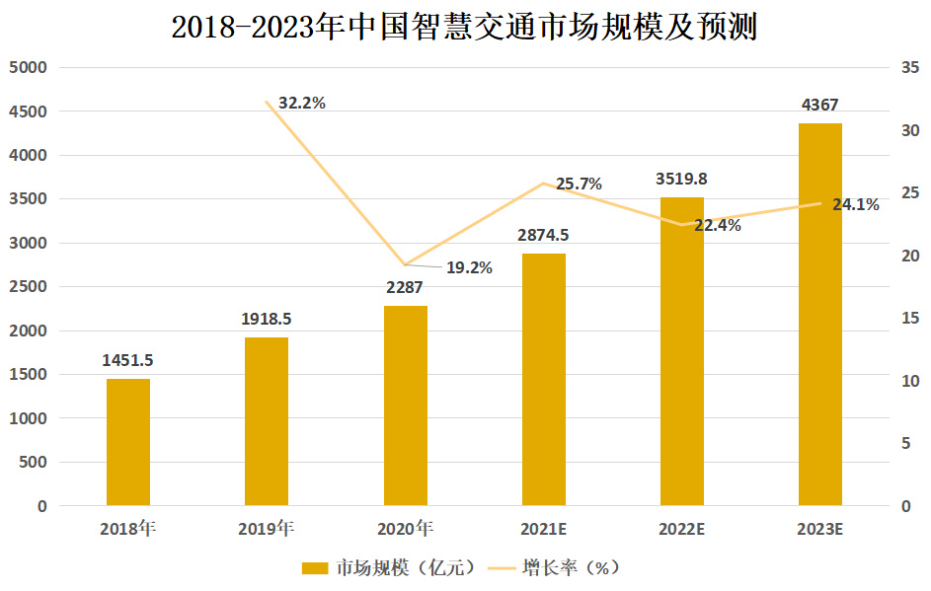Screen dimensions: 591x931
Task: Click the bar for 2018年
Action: [128, 442]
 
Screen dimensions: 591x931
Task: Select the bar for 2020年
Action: [405, 406]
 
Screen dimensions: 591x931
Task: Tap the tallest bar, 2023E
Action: [819, 314]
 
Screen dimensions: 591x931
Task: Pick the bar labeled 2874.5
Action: [543, 380]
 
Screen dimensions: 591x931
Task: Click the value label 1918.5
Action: [267, 319]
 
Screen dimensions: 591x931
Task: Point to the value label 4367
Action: [819, 105]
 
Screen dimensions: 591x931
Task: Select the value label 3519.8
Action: [681, 179]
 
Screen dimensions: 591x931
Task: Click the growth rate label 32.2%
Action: [302, 102]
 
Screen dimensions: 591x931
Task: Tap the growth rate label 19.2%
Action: [469, 266]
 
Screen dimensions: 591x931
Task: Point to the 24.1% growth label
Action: [855, 205]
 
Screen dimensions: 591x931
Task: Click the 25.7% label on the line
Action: [579, 184]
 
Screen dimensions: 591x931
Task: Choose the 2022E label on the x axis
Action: [681, 529]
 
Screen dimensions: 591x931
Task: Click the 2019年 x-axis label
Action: [267, 529]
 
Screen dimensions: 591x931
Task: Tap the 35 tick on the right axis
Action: [909, 68]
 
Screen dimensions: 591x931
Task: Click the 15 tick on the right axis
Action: [909, 318]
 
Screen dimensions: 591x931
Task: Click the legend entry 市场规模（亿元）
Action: [391, 567]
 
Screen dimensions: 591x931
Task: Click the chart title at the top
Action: [464, 28]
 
